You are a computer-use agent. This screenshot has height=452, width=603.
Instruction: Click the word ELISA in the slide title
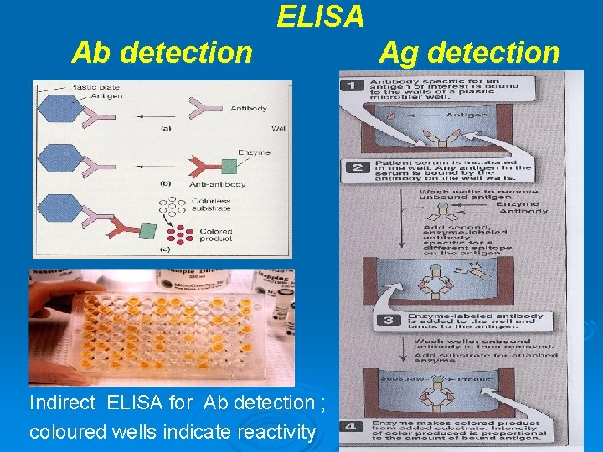click(321, 16)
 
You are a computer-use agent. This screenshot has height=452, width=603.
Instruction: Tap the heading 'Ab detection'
click(162, 53)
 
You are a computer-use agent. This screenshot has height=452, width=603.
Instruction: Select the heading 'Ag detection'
click(468, 53)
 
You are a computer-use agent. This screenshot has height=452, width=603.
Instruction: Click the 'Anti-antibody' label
click(209, 183)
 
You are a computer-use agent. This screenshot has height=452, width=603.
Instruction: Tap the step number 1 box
click(354, 85)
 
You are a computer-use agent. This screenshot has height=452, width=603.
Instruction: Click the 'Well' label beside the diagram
click(279, 128)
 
